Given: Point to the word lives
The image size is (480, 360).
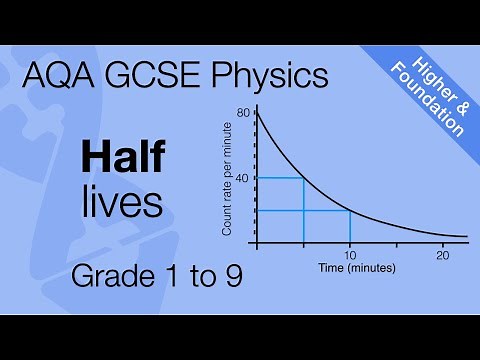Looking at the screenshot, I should (122, 201).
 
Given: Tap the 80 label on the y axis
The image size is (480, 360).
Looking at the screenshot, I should (242, 113).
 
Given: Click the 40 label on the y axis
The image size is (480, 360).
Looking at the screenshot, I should (242, 178).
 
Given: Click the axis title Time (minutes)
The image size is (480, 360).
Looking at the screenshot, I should (357, 269).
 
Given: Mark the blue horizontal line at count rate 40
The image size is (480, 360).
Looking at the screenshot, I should (280, 178).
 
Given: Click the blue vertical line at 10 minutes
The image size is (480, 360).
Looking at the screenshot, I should (350, 227).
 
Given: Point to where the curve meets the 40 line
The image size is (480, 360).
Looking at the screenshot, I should (303, 178).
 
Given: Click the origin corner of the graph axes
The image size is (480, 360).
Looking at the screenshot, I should (257, 243).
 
